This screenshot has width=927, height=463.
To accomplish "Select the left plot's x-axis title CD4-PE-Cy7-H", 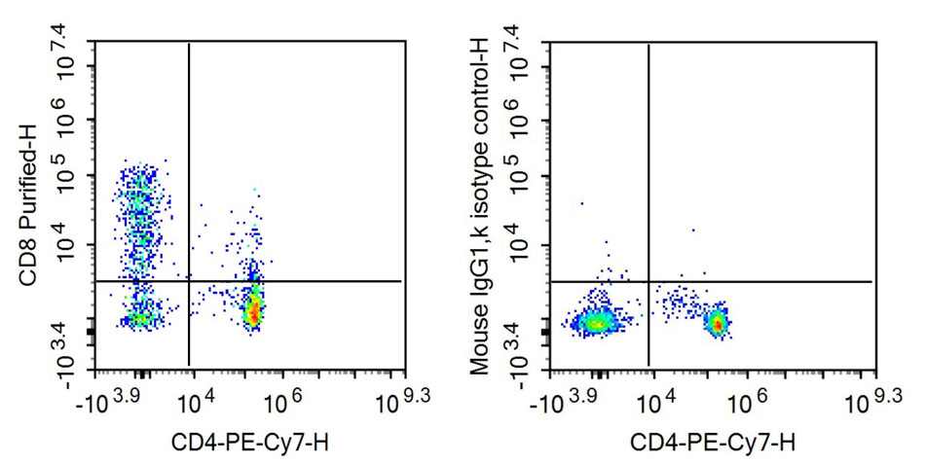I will (x=250, y=443).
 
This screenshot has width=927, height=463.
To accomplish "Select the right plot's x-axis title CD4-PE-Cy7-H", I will (x=710, y=443).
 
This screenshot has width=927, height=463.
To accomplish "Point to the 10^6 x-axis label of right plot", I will (x=744, y=398).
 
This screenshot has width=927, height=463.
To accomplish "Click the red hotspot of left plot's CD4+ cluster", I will (x=253, y=312).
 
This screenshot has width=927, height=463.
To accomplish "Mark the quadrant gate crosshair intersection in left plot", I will (x=188, y=281).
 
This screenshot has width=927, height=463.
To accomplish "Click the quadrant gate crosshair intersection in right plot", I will (x=648, y=281).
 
